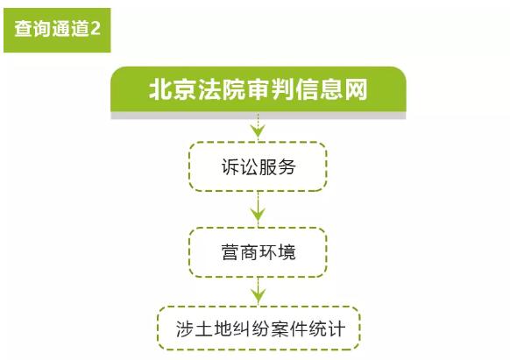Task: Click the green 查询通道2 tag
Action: pyautogui.click(x=57, y=30)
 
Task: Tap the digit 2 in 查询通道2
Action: pyautogui.click(x=95, y=29)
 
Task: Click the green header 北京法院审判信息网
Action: pyautogui.click(x=259, y=89)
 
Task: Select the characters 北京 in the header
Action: pyautogui.click(x=172, y=89)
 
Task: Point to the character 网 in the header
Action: pyautogui.click(x=356, y=89)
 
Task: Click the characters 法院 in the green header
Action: pyautogui.click(x=221, y=89)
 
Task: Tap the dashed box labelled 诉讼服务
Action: pyautogui.click(x=259, y=166)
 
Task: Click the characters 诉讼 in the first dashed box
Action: pyautogui.click(x=240, y=167)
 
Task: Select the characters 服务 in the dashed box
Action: pyautogui.click(x=277, y=167)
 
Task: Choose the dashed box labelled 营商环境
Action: pyautogui.click(x=259, y=252)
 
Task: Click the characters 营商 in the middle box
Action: pyautogui.click(x=240, y=252)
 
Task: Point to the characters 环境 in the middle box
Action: pyautogui.click(x=277, y=252)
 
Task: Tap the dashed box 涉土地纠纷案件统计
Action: pyautogui.click(x=259, y=328)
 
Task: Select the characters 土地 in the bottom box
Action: pyautogui.click(x=213, y=328)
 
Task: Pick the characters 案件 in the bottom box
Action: pyautogui.click(x=289, y=328)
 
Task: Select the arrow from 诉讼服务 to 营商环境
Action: pyautogui.click(x=259, y=208)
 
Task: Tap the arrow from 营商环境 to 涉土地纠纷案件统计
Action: pyautogui.click(x=259, y=290)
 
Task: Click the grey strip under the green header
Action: pyautogui.click(x=259, y=116)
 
